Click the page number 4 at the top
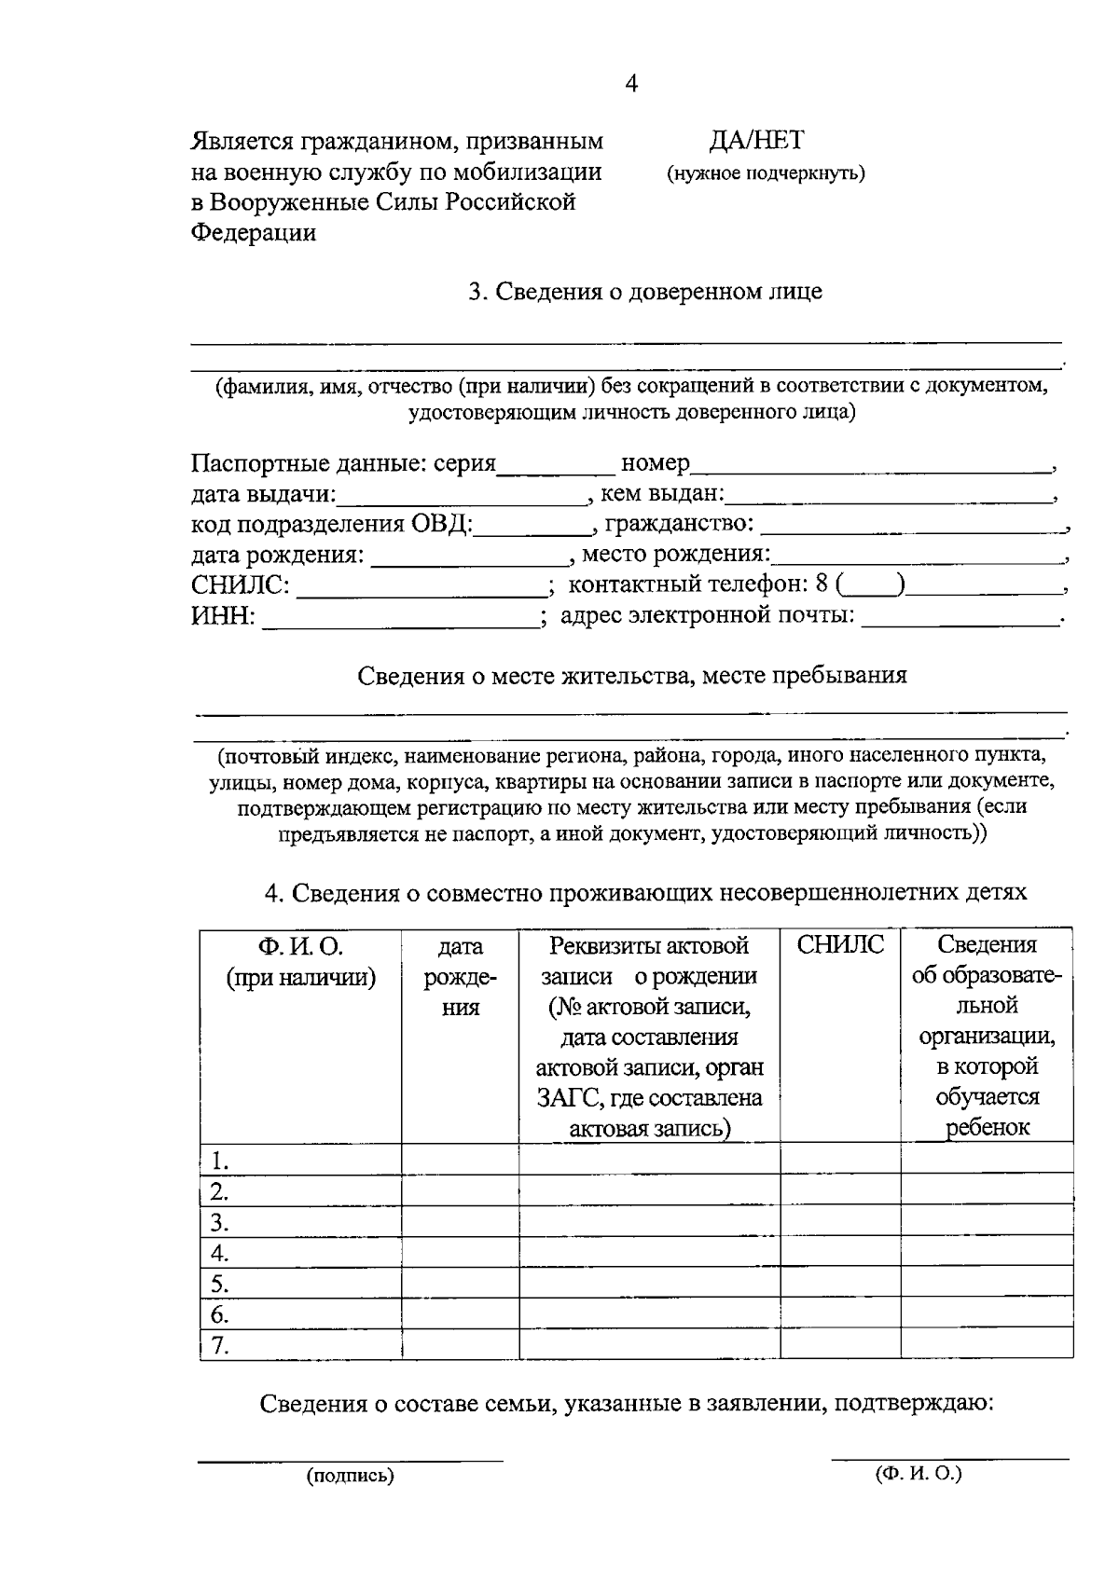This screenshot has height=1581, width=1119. coord(631,84)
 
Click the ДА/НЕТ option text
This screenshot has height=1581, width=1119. coord(755,141)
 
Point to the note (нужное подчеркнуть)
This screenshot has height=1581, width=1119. coord(765,173)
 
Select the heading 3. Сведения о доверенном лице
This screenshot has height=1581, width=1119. coord(644,292)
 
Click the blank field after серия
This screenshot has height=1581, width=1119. coord(556,466)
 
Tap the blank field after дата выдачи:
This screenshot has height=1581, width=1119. coord(463,497)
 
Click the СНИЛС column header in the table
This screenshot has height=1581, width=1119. coord(840,945)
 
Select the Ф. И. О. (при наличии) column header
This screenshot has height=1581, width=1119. coord(300,961)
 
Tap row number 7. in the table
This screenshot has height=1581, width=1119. coord(219,1345)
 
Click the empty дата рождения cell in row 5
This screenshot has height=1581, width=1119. coord(460,1284)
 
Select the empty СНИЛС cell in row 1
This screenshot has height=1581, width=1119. coord(839,1160)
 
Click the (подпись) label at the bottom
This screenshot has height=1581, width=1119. coord(351,1476)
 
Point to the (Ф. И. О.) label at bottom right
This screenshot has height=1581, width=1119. coord(919,1474)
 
